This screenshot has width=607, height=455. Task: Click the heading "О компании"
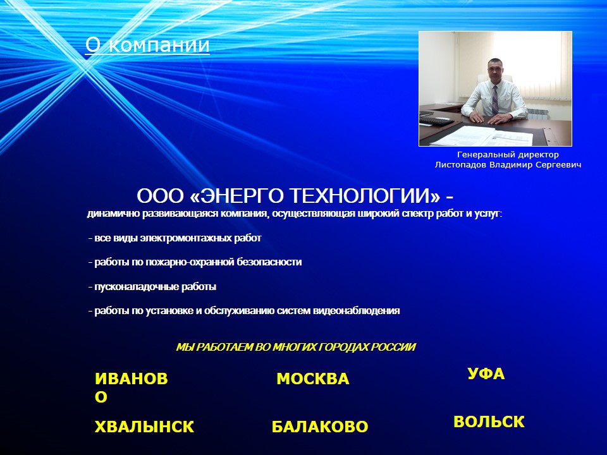[x=147, y=45]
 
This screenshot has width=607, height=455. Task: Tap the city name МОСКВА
[x=313, y=379]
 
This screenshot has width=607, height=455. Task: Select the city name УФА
[x=486, y=373]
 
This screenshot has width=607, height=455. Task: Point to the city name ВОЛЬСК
[x=489, y=422]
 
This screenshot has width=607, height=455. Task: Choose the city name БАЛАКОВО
[x=320, y=427]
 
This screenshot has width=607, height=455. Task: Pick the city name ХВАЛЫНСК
[x=144, y=427]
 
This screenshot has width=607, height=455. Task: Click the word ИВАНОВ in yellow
[x=132, y=379]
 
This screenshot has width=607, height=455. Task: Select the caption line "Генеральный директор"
[x=508, y=155]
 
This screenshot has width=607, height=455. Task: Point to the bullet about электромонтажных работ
[x=175, y=238]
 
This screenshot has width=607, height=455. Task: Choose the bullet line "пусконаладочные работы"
[x=152, y=287]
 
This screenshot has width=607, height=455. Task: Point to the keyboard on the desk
[x=437, y=121]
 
